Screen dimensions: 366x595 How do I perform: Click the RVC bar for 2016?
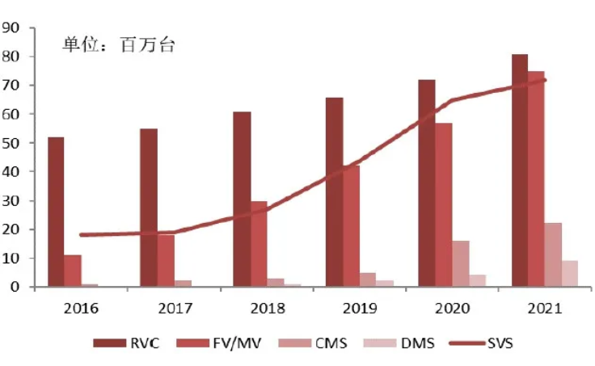[x=56, y=212]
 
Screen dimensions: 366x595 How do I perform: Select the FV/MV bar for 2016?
[x=73, y=271]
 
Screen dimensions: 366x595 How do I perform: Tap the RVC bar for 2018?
[x=242, y=199]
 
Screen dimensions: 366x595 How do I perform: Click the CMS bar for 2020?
[x=460, y=263]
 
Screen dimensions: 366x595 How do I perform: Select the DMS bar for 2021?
[x=569, y=273]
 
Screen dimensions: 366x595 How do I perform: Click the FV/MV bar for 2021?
[x=536, y=179]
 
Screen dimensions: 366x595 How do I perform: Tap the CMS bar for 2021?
[x=553, y=255]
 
